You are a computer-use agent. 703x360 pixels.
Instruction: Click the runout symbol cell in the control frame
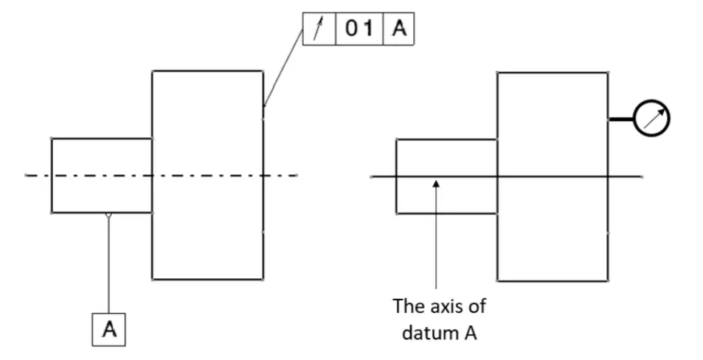pos(319,29)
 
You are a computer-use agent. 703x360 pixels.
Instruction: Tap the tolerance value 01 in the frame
pos(359,29)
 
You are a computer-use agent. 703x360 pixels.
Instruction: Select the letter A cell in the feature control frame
pos(398,29)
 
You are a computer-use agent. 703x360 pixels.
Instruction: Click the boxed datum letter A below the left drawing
pos(109,330)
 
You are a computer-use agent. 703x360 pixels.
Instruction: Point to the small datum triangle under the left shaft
pos(108,215)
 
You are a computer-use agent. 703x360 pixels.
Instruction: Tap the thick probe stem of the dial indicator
pos(621,120)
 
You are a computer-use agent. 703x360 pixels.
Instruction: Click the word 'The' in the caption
pos(409,306)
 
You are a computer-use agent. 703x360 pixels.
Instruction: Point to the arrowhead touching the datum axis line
pos(436,184)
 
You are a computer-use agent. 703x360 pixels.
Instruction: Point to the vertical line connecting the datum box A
pos(108,266)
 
